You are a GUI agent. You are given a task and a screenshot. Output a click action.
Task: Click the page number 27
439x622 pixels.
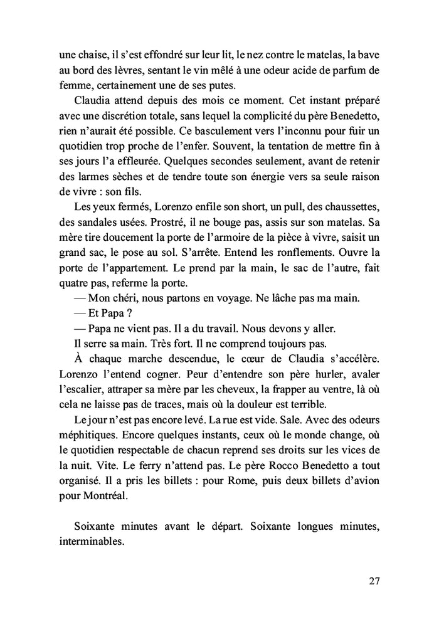point(374,581)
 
